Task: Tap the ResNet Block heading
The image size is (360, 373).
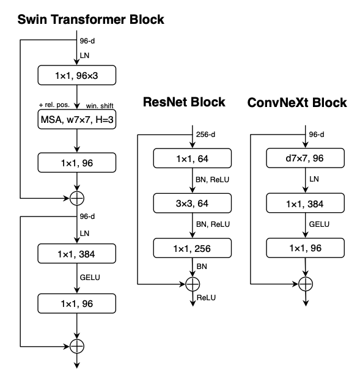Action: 184,102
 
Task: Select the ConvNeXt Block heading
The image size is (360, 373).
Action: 297,102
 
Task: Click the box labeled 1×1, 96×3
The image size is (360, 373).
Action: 76,75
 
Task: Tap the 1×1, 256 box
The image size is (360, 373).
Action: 193,248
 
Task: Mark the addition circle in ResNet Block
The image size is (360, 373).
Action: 193,284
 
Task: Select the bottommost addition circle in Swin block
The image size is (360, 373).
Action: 76,345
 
